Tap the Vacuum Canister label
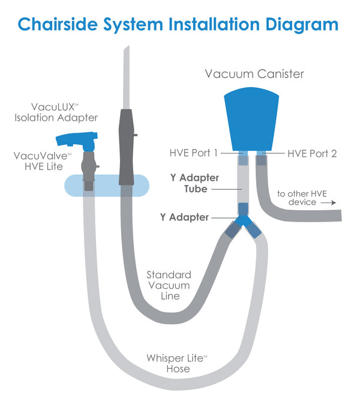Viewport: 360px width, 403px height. (254, 74)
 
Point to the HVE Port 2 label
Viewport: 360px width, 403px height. (312, 154)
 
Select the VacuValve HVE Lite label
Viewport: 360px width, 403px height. (43, 161)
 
